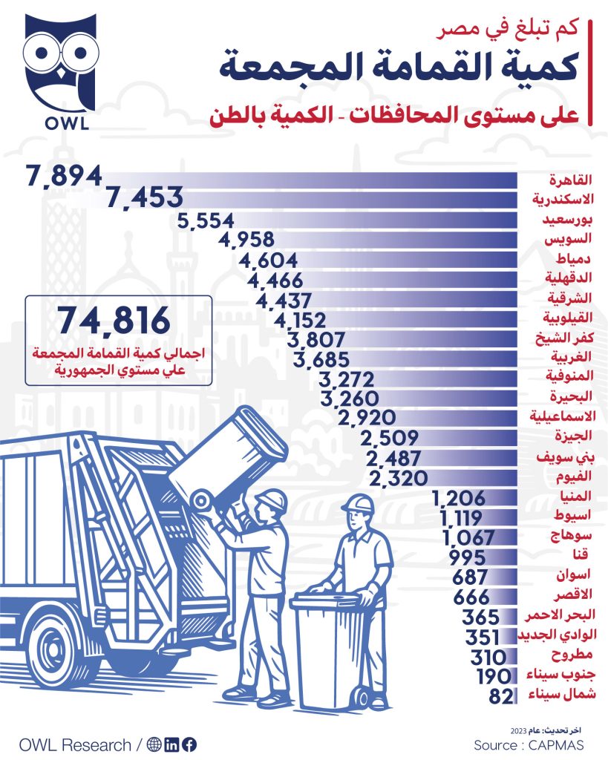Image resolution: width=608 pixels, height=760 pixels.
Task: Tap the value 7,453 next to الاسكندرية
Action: click(145, 197)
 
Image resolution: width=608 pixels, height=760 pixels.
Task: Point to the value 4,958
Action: click(248, 240)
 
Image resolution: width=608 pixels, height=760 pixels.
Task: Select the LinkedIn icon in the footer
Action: click(171, 744)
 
